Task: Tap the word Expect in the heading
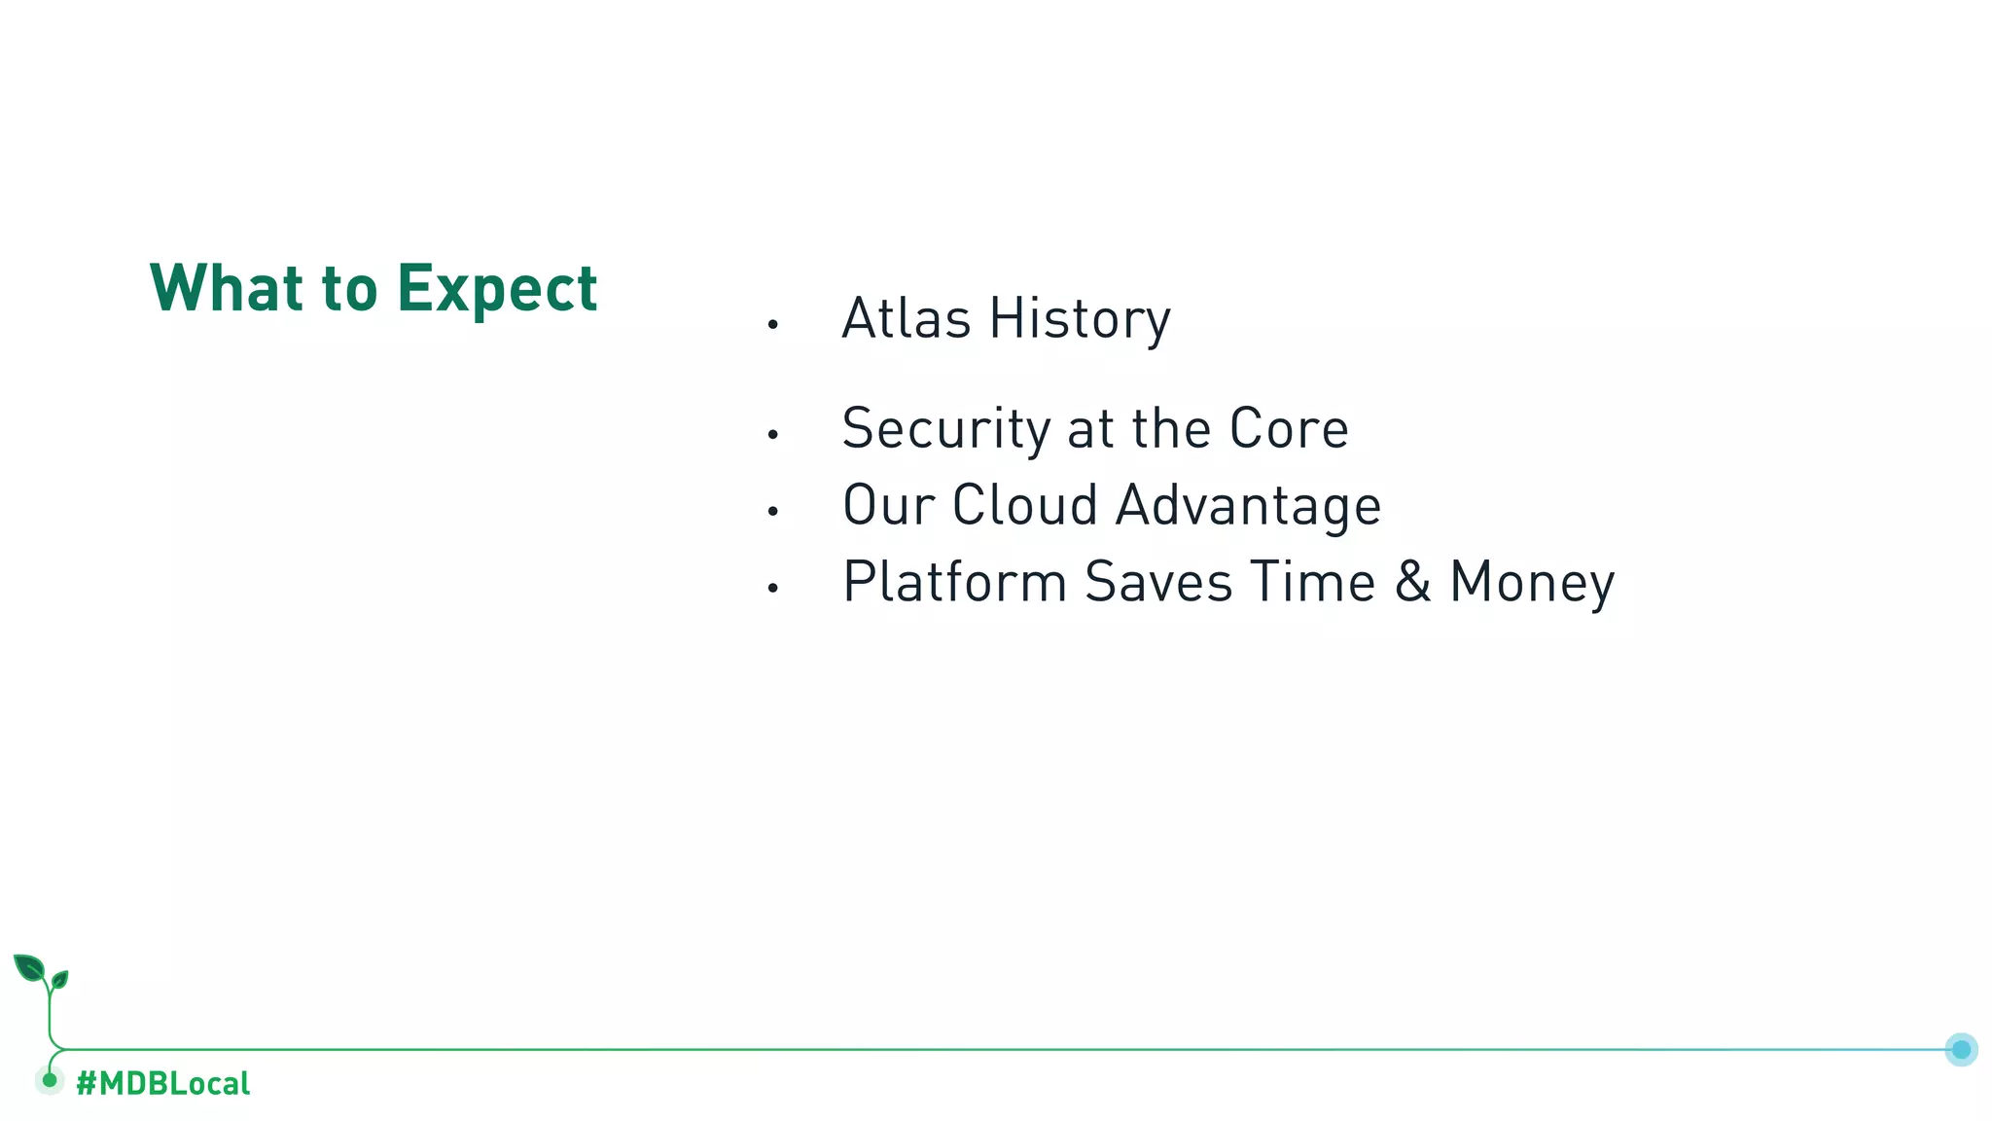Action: click(x=497, y=290)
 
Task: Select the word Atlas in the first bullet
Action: click(x=906, y=318)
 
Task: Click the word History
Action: click(x=1080, y=320)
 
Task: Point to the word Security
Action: click(x=945, y=429)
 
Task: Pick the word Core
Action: click(x=1288, y=428)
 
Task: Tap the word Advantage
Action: click(x=1248, y=507)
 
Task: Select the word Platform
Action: click(x=954, y=582)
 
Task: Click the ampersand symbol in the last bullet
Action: click(x=1412, y=582)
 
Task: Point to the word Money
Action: click(x=1531, y=584)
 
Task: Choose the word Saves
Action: click(x=1157, y=582)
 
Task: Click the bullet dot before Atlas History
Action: click(x=772, y=325)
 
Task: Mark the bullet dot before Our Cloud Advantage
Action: click(x=772, y=511)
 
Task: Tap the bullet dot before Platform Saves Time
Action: click(x=772, y=588)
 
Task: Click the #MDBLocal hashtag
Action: click(x=162, y=1083)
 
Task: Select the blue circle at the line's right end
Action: click(x=1961, y=1049)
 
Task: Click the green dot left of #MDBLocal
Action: click(x=50, y=1080)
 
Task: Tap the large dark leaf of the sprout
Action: click(x=29, y=968)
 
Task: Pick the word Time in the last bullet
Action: click(x=1312, y=582)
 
